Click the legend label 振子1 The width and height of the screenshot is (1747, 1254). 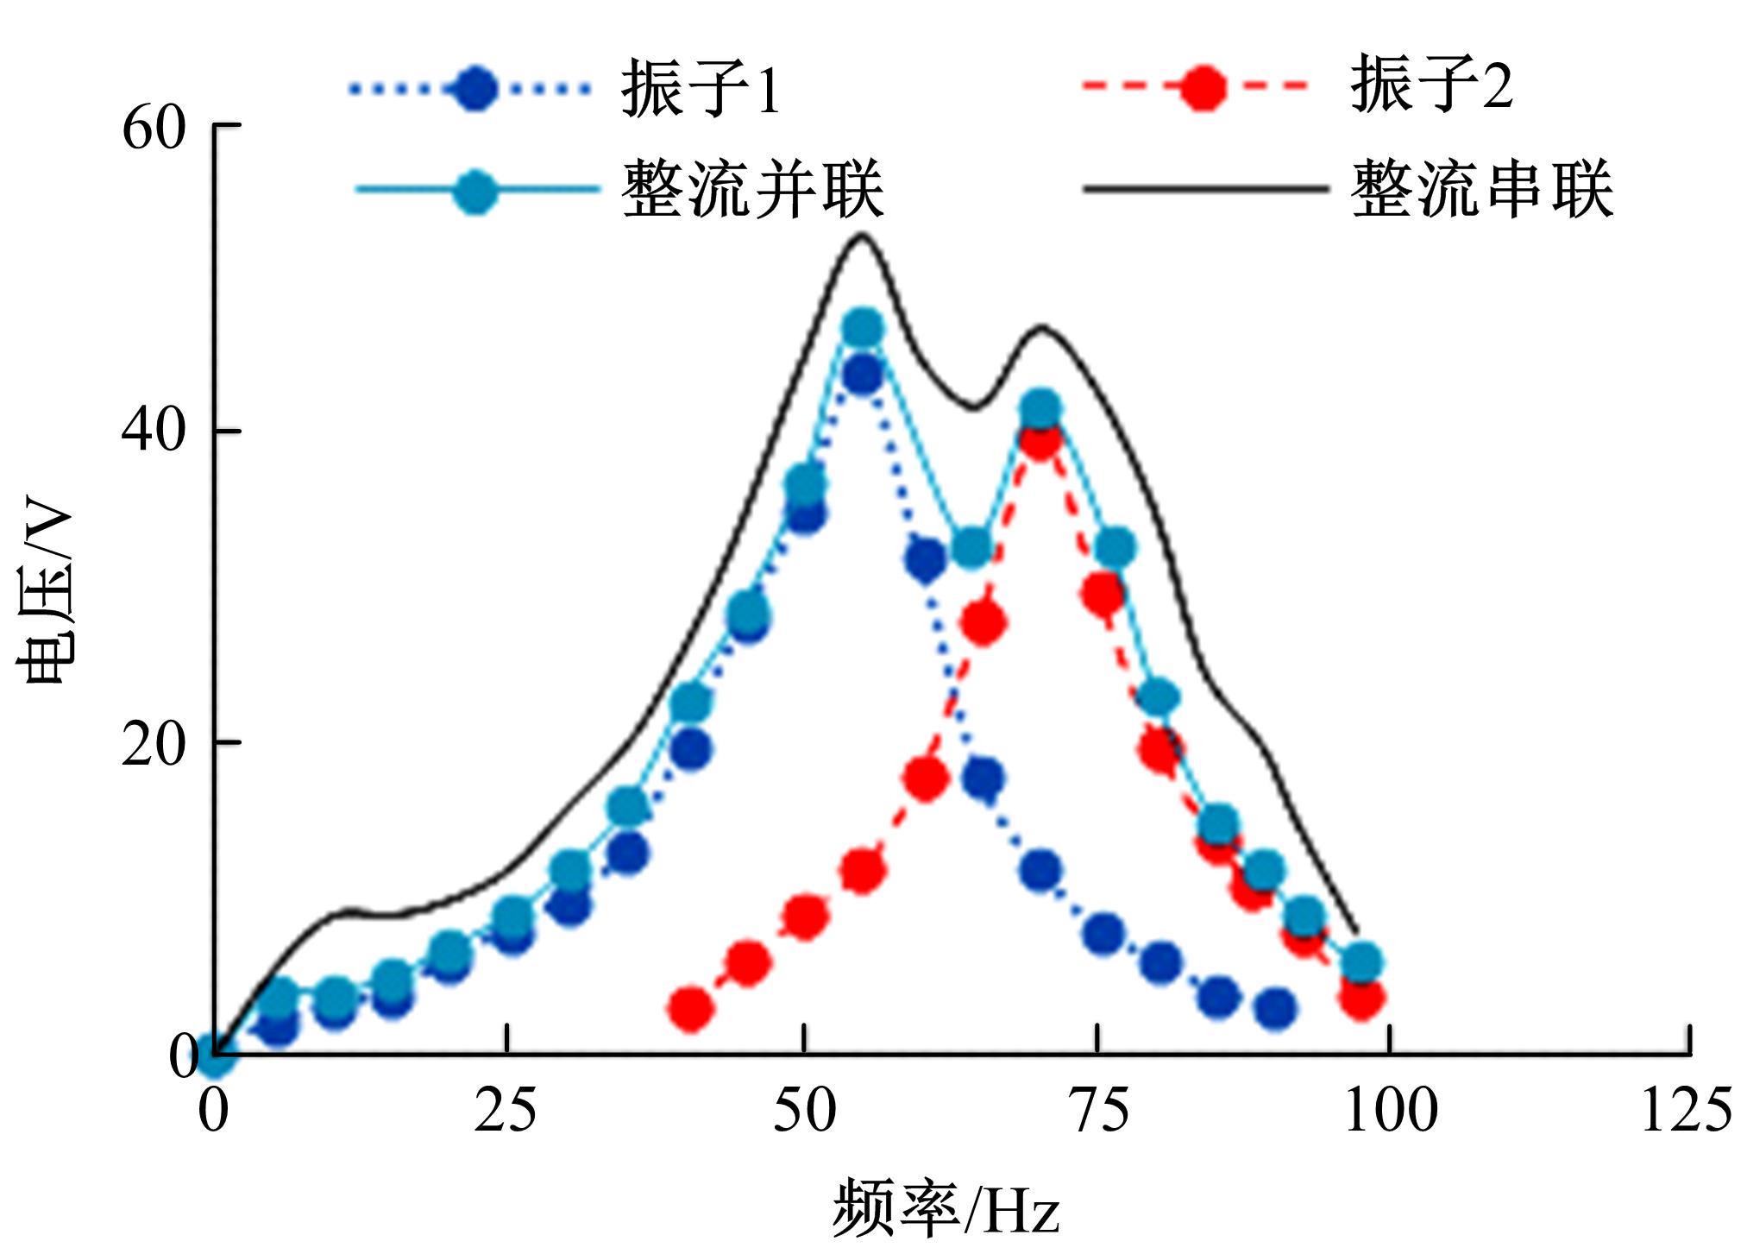701,88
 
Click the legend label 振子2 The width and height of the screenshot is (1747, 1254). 1431,85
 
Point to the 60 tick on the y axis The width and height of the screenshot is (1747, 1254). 154,129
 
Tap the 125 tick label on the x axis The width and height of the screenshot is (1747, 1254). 1685,1111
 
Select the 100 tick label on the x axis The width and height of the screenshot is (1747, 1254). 1391,1111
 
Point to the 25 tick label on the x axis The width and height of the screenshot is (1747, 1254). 505,1111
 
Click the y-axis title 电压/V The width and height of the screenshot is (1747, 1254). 45,595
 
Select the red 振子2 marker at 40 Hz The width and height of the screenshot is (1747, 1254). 691,1007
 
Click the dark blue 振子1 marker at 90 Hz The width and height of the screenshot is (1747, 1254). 1274,1007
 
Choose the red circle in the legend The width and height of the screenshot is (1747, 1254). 1202,88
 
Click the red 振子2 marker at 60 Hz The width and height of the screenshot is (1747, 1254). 925,778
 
